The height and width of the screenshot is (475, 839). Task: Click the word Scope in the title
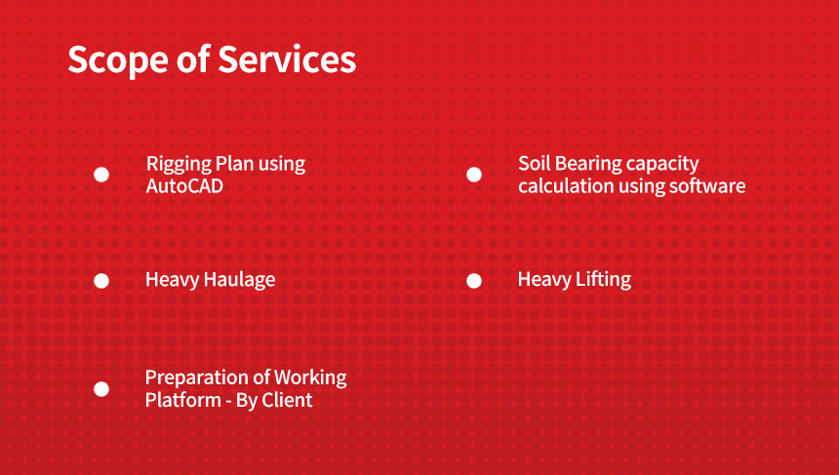click(118, 59)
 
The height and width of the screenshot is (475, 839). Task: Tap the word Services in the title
click(287, 59)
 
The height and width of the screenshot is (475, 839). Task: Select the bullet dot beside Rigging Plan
click(101, 175)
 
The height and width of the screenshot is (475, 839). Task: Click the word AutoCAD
click(184, 186)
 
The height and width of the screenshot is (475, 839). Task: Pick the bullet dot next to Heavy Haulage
click(101, 281)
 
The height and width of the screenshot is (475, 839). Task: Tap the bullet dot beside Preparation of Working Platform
click(101, 389)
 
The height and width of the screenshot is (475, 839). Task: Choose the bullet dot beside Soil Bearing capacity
click(473, 175)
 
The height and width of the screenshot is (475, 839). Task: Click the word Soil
click(531, 164)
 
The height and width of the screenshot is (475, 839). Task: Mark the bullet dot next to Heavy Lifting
click(473, 281)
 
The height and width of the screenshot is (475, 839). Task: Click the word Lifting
click(604, 280)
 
